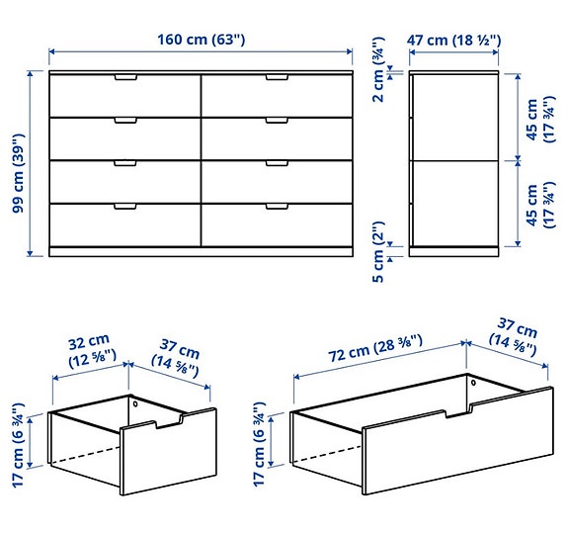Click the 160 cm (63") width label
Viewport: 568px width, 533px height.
click(202, 40)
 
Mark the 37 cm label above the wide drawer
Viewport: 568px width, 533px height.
click(515, 338)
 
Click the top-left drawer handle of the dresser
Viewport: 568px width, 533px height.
click(125, 76)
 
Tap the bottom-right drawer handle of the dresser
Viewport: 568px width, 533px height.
click(278, 207)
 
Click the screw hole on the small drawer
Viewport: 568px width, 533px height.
click(135, 400)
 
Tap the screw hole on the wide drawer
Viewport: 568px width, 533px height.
click(472, 382)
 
